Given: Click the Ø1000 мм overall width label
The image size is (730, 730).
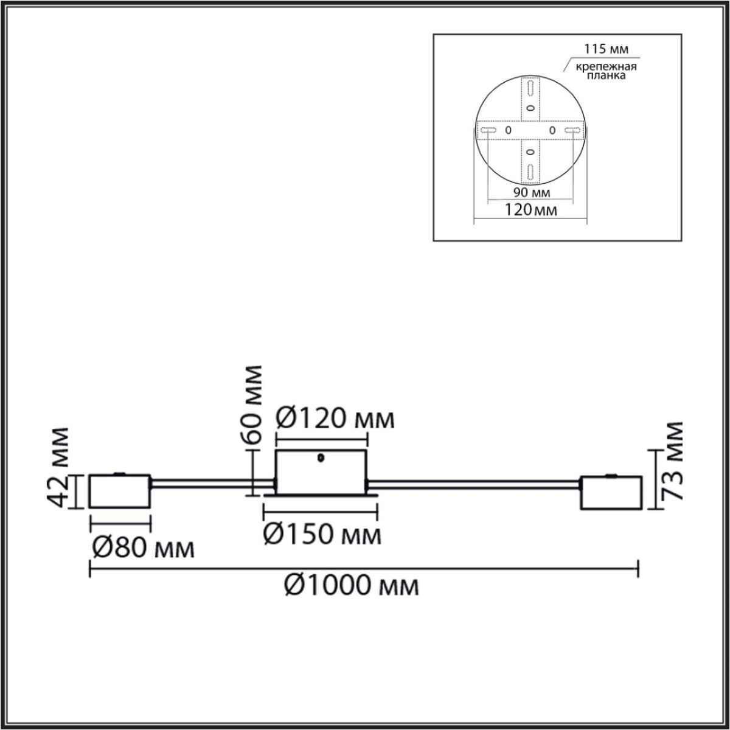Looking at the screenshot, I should pos(352,586).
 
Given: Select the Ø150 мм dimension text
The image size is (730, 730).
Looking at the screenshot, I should pos(322,535).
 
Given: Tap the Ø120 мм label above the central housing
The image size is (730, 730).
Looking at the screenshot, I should pos(335,419).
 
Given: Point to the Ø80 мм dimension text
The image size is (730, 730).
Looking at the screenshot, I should pos(144,548).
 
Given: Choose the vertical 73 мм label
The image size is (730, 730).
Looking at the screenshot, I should pos(674,461).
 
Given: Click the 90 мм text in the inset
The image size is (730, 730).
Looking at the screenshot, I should pos(532,192).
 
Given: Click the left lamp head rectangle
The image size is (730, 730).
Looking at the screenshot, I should pos(120,491).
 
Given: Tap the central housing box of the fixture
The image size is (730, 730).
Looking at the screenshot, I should pos(321,473).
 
